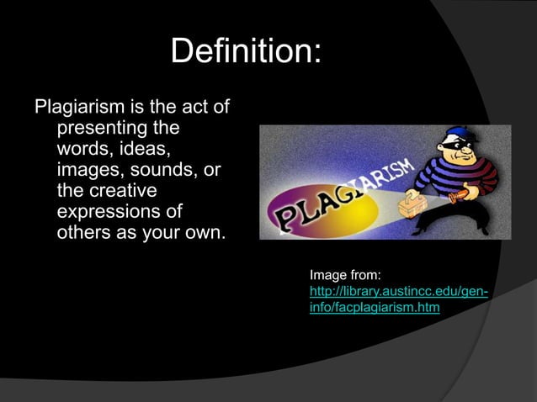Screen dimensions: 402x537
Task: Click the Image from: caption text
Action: [345, 275]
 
